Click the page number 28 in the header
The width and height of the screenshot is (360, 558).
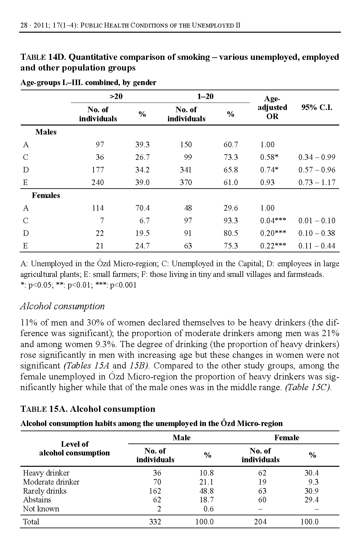tap(24, 26)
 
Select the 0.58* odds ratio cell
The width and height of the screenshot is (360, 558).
tap(269, 157)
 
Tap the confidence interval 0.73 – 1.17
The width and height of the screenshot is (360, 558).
tap(317, 182)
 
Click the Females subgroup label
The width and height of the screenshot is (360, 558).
tap(46, 195)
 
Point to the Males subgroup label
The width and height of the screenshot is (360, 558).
tap(46, 132)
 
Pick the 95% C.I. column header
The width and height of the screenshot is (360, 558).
tap(317, 108)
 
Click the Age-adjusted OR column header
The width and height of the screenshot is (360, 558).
tap(272, 107)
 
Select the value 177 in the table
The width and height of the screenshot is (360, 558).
tap(98, 170)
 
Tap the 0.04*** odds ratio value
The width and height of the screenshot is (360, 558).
tap(273, 221)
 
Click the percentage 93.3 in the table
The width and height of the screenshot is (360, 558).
tap(231, 221)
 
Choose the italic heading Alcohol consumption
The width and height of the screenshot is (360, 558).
tap(62, 306)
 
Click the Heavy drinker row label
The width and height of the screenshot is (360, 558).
tap(46, 473)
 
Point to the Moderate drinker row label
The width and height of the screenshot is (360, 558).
tap(51, 482)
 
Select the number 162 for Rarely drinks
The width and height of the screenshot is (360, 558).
tap(155, 491)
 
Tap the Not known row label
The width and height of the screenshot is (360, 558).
tap(41, 509)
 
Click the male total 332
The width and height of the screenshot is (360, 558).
tap(155, 522)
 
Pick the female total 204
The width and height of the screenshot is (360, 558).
tap(260, 522)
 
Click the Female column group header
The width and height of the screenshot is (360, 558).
tap(287, 438)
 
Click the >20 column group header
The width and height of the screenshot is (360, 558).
tap(116, 96)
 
